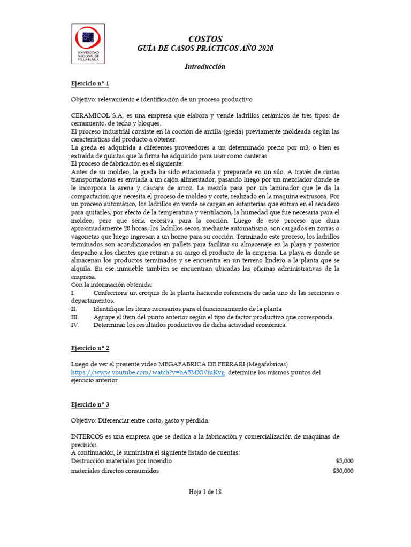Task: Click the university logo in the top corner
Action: [x=88, y=44]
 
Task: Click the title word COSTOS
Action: [x=205, y=39]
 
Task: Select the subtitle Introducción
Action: [x=205, y=67]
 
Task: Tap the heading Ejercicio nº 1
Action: [x=90, y=84]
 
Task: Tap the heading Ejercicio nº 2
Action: [x=90, y=348]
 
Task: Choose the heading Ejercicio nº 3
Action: [x=90, y=404]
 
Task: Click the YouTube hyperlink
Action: [x=148, y=373]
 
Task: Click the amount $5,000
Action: [x=344, y=461]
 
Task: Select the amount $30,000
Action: [x=342, y=471]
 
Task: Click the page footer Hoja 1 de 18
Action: [x=205, y=493]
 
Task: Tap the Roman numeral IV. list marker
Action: [x=75, y=325]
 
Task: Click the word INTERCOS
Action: [x=87, y=437]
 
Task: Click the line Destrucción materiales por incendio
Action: [x=121, y=461]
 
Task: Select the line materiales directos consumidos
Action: [x=115, y=471]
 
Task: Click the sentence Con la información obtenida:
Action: [x=112, y=285]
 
